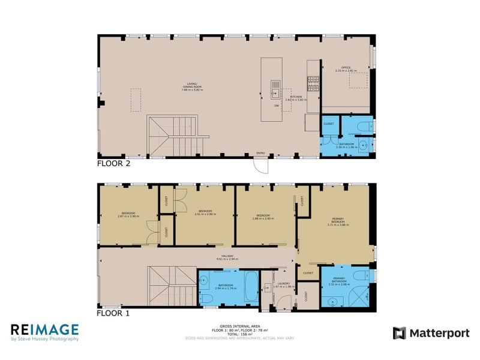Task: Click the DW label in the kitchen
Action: [x=275, y=106]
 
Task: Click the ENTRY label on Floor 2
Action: [x=260, y=153]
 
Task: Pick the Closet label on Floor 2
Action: [x=329, y=124]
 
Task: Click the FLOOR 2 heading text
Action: [x=113, y=163]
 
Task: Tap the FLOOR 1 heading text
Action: [x=113, y=313]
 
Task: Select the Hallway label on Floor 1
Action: [x=227, y=258]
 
